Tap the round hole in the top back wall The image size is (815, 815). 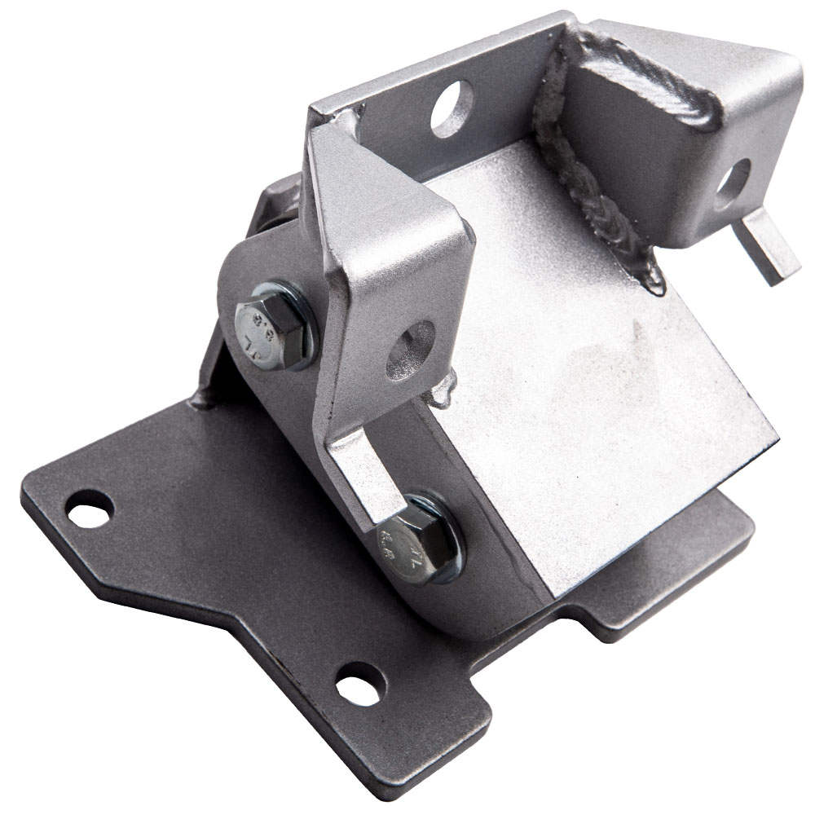tap(452, 108)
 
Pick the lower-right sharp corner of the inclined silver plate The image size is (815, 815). tap(774, 440)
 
